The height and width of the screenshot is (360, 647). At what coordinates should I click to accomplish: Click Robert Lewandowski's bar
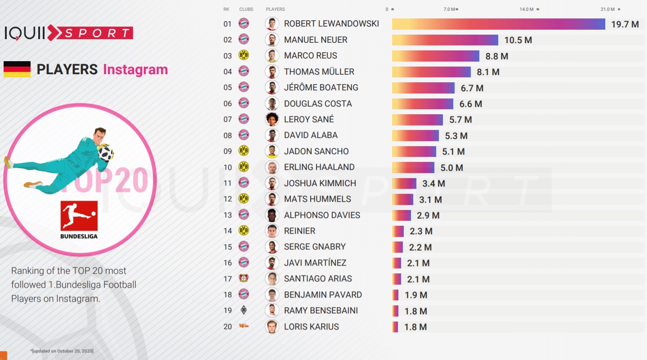498,24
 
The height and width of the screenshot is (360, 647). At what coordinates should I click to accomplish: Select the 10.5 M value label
518,40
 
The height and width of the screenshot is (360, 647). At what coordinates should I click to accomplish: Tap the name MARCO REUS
310,56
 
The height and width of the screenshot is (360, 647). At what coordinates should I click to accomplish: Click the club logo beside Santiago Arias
243,279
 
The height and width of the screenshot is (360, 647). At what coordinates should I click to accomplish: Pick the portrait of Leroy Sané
271,119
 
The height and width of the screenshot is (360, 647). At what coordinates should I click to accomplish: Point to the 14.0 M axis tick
527,9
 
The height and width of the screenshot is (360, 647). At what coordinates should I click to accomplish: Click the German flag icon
17,70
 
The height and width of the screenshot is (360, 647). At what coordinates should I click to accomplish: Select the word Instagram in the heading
135,70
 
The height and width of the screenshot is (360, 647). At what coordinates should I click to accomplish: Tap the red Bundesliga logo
79,215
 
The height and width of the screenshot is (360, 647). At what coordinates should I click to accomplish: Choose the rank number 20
228,327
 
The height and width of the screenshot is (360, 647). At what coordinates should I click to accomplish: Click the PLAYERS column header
275,9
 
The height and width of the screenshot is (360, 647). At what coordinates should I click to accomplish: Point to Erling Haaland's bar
413,168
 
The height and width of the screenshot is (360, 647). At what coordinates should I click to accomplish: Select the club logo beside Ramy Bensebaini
243,311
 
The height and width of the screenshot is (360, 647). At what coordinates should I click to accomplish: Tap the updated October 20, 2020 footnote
62,351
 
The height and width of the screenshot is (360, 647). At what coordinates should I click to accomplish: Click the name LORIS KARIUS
311,327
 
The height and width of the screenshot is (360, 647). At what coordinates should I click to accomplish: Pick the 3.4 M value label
433,183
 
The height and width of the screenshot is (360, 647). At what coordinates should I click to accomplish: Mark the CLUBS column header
246,9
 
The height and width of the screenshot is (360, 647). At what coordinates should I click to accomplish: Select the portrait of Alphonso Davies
271,215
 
